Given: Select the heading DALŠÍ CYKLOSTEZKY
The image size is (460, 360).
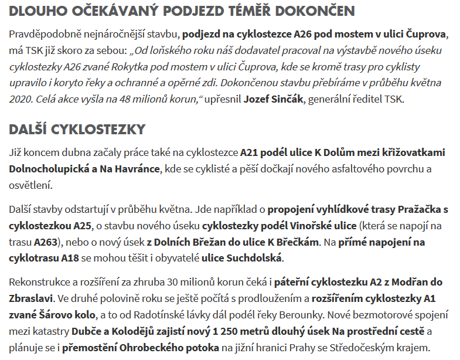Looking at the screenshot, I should (x=77, y=129).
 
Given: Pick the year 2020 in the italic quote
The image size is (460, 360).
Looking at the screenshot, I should (x=22, y=99).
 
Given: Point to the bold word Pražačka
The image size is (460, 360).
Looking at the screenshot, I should (x=419, y=209).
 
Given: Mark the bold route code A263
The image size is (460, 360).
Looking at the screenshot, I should (x=45, y=241).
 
